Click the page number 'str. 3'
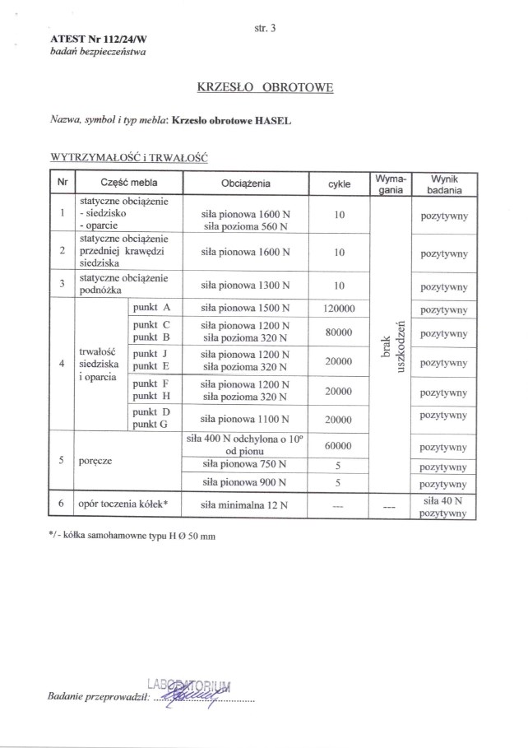point(266,28)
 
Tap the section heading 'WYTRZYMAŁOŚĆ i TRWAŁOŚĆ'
point(127,155)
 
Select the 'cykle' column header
point(339,184)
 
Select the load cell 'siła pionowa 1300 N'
point(246,285)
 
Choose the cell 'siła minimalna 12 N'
point(246,506)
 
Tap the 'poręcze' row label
point(96,461)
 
